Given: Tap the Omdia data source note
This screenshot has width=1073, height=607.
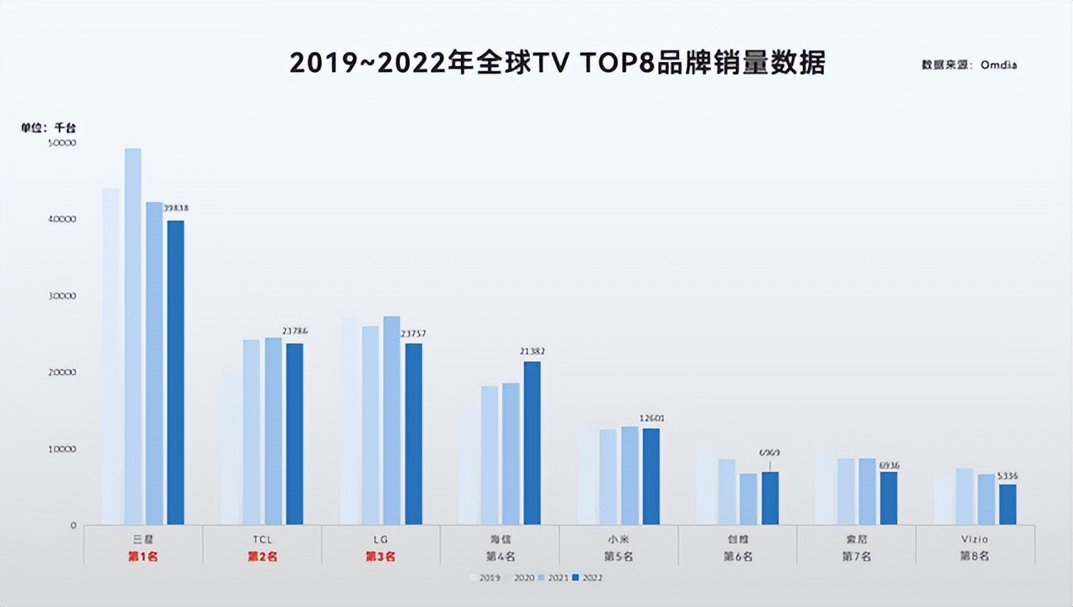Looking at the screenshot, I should pyautogui.click(x=969, y=65).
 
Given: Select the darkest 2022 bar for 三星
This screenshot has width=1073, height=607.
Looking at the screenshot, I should pyautogui.click(x=175, y=372).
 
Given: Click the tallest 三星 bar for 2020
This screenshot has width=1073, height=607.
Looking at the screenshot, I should pyautogui.click(x=132, y=336).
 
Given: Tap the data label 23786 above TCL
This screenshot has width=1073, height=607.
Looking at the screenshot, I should pyautogui.click(x=294, y=331).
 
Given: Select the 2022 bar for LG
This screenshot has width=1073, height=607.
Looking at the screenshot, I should pyautogui.click(x=413, y=434).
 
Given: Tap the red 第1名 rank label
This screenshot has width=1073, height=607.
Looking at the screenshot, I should pyautogui.click(x=143, y=556).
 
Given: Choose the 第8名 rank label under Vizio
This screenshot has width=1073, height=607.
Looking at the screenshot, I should pyautogui.click(x=974, y=556).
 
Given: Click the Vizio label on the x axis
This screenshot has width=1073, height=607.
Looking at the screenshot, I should pyautogui.click(x=974, y=539).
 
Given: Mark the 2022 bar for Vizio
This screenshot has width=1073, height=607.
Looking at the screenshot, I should pyautogui.click(x=1008, y=504).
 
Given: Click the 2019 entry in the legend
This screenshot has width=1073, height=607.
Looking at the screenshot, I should pyautogui.click(x=485, y=578).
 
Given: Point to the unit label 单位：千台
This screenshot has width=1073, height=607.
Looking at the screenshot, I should pyautogui.click(x=48, y=127).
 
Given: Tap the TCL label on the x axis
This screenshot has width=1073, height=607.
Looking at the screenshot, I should pyautogui.click(x=262, y=539).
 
